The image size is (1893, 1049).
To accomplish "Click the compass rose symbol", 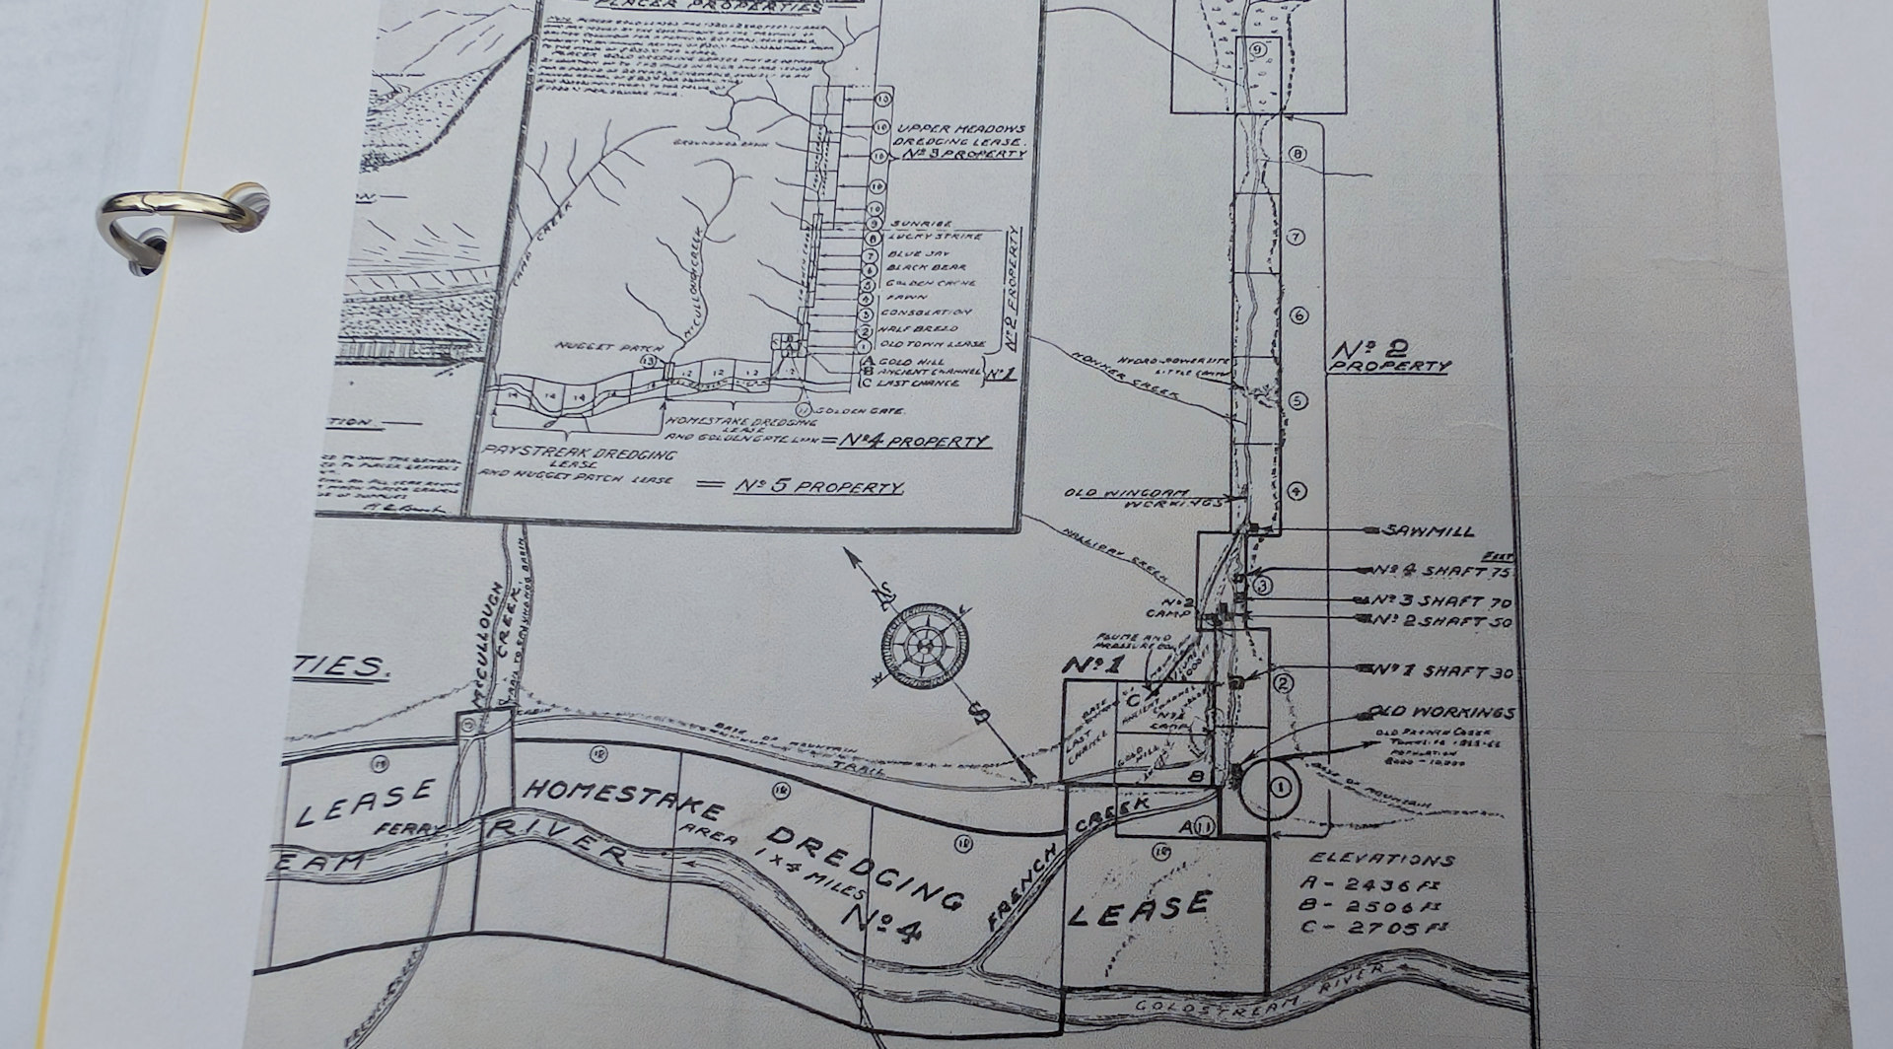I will [x=924, y=647].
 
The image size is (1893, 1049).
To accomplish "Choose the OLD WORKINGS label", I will [x=1441, y=712].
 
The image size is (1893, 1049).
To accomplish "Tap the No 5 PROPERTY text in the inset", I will [x=819, y=488].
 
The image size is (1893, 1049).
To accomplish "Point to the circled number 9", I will [x=1256, y=49].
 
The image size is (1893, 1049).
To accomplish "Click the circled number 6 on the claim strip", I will [x=1297, y=315].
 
